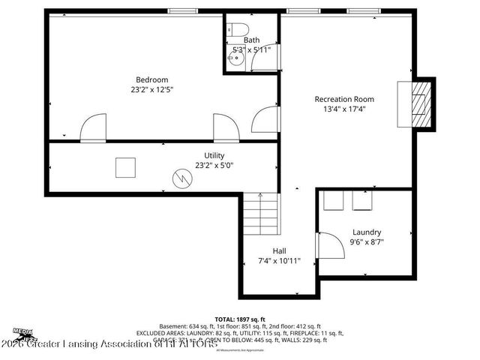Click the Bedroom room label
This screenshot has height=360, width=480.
click(151, 79)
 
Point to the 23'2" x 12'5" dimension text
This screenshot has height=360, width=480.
click(151, 90)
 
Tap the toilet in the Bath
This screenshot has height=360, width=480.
click(238, 29)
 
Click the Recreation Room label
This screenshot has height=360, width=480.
click(344, 99)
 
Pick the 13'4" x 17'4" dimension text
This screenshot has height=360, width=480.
click(344, 109)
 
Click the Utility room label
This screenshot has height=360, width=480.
click(214, 155)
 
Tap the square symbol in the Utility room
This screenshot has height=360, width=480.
click(125, 167)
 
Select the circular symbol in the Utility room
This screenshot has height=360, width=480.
click(182, 178)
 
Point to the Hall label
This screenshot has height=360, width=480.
click(279, 250)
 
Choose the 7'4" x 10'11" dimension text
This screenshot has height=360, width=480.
click(279, 261)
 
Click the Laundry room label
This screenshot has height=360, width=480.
click(367, 232)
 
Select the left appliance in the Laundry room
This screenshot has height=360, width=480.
click(334, 201)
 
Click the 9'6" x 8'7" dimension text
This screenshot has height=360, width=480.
click(367, 242)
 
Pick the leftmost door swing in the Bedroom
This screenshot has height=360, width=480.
click(94, 127)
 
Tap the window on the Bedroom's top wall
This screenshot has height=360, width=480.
click(182, 10)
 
